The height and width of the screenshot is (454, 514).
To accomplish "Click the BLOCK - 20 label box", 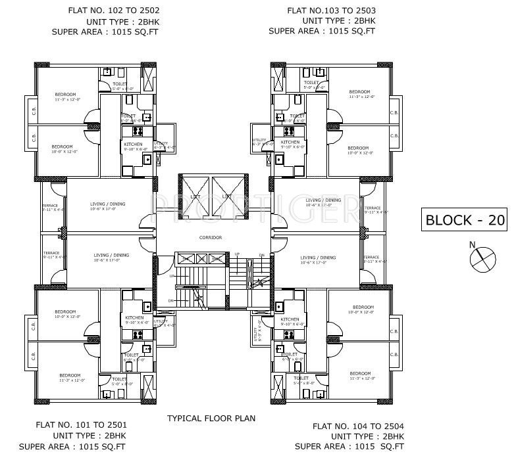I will click(465, 219).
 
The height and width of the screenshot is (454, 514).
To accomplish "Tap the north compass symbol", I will click(481, 258).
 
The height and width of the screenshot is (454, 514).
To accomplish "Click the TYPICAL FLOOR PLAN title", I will click(211, 418).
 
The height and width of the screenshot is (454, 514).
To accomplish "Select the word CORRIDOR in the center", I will click(211, 237).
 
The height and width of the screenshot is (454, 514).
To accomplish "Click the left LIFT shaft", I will click(195, 195).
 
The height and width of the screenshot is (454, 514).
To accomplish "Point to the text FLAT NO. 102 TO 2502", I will click(113, 11).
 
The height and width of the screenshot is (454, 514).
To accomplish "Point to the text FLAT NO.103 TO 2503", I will click(331, 11).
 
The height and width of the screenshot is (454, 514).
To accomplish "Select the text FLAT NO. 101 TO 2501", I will click(82, 425).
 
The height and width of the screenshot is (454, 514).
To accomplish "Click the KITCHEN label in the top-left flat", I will click(134, 143).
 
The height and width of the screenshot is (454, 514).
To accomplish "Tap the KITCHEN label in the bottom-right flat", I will click(290, 319).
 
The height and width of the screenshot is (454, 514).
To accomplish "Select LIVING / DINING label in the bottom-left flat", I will click(111, 255).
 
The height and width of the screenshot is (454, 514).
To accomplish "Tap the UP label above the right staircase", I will click(238, 254).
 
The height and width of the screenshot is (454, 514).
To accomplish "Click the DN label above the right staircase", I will click(261, 255).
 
